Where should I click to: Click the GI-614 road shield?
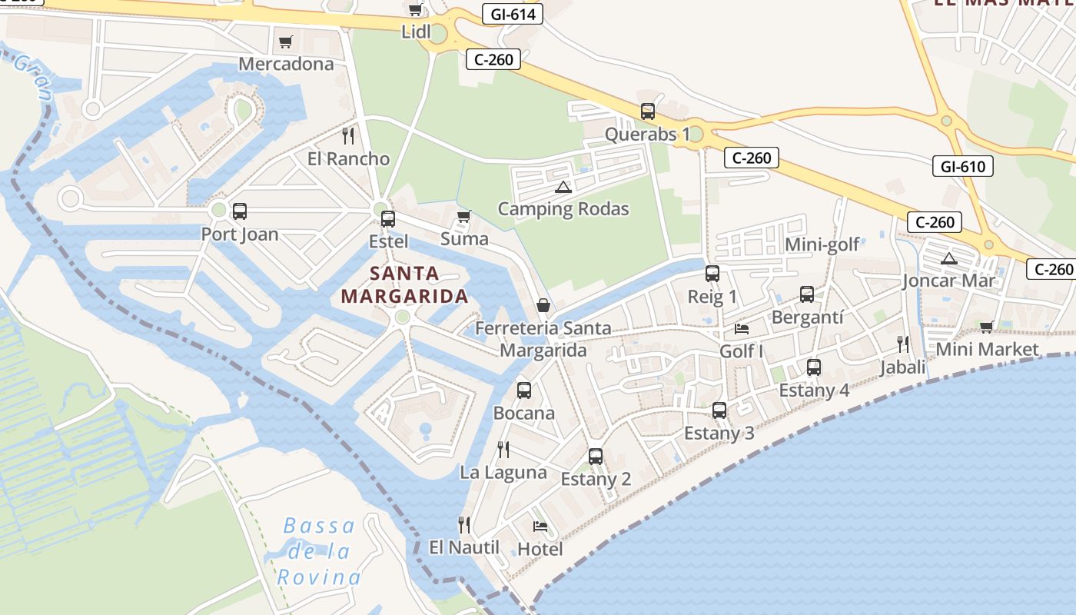[513, 14]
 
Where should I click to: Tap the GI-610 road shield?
[962, 166]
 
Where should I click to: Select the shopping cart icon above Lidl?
[415, 10]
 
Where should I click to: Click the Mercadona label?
[286, 64]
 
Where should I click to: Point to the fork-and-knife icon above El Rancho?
[348, 136]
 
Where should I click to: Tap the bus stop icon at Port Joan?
[240, 211]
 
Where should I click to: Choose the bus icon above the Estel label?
[388, 219]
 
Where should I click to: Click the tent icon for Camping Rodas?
[563, 187]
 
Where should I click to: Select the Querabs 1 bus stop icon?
[647, 111]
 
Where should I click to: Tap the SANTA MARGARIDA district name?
[404, 284]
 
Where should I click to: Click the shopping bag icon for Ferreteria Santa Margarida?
[543, 306]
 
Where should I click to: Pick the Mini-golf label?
[822, 245]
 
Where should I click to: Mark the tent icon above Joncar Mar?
[948, 258]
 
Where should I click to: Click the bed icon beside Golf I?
[742, 329]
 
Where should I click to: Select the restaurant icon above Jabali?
[903, 344]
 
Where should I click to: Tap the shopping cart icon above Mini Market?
[987, 327]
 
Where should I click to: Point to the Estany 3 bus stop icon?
[719, 411]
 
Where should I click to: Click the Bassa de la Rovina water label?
[319, 552]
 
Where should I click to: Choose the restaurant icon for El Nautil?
[464, 525]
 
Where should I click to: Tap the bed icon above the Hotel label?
[540, 527]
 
